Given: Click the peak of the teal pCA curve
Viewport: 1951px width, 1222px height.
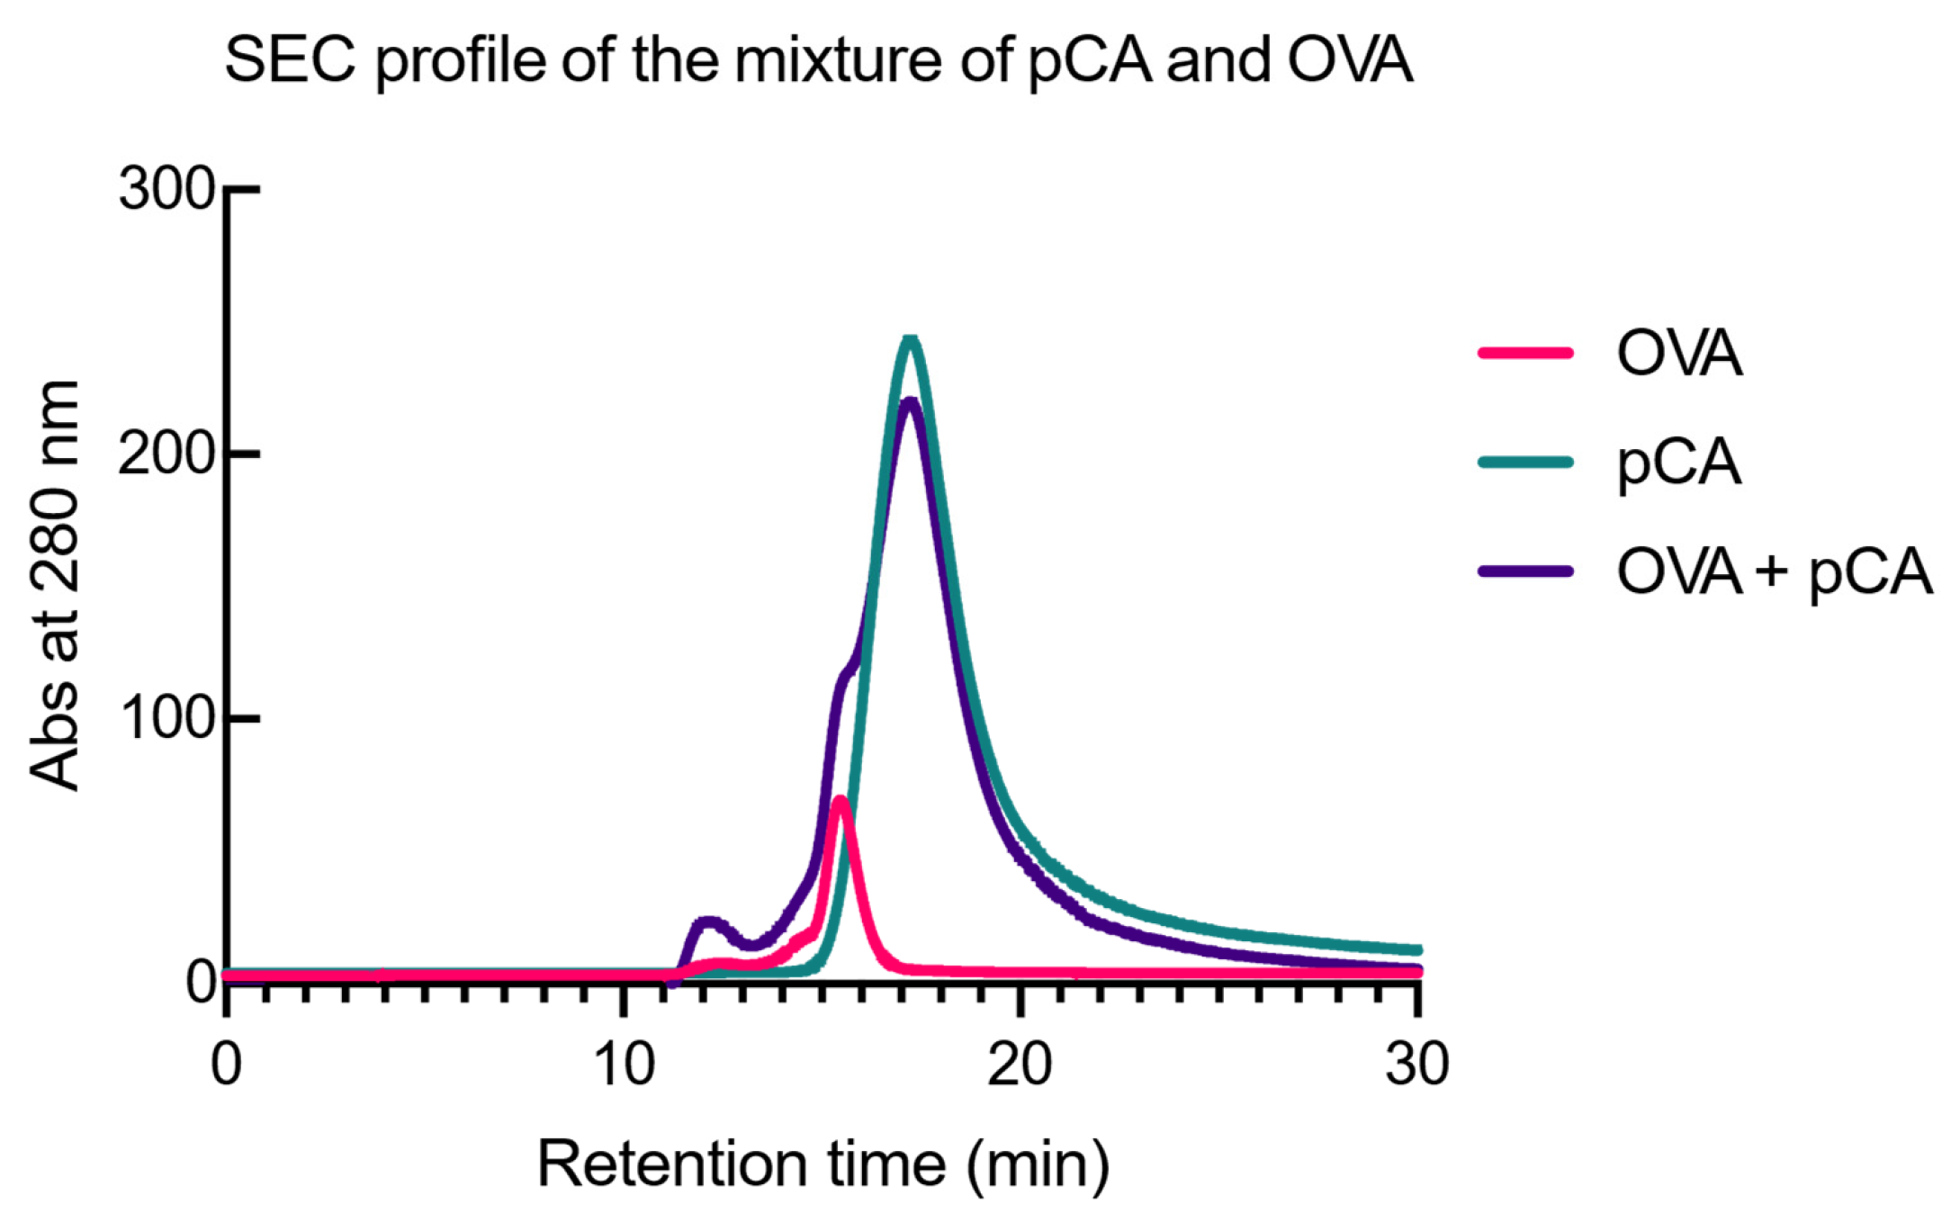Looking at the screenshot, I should point(911,340).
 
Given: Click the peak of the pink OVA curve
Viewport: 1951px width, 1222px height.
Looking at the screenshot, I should point(840,800).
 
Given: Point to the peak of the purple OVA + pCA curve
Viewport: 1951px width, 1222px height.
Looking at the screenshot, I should point(910,401).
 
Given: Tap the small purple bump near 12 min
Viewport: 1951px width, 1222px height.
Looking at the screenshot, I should point(709,922).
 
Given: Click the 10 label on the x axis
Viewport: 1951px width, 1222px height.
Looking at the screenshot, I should point(624,1065).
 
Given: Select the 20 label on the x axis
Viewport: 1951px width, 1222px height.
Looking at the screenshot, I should point(1020,1065).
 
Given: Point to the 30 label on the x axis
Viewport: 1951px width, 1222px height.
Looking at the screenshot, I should point(1416,1065).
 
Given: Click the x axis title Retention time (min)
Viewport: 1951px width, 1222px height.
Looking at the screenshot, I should point(823,1164).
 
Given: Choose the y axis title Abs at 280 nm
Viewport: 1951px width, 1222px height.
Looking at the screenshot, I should point(54,585).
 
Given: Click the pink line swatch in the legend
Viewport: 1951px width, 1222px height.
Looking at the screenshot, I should point(1525,353).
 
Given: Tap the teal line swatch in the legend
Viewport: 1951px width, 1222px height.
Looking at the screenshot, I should point(1525,463).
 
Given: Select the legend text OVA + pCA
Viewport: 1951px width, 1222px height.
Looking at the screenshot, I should point(1774,572).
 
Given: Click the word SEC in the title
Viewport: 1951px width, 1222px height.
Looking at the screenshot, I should point(290,61).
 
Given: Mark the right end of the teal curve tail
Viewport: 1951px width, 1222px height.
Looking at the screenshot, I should point(1416,950).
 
